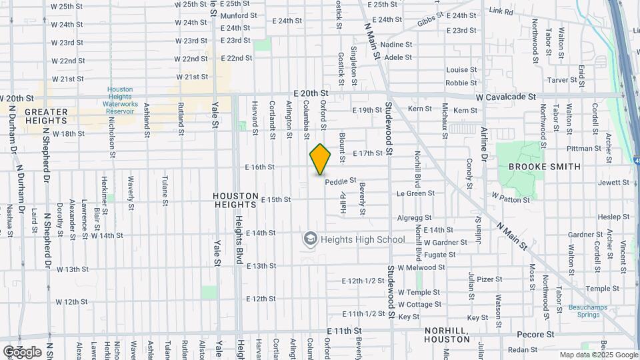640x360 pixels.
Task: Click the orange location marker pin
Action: click(x=321, y=159)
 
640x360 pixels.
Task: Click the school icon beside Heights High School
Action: click(x=310, y=239)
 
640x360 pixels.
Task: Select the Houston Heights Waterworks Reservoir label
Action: click(x=120, y=100)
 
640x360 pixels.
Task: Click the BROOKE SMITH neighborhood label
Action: click(x=544, y=167)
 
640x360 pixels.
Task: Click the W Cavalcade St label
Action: click(x=505, y=97)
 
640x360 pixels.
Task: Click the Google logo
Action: click(x=22, y=351)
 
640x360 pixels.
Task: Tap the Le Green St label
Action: click(x=415, y=193)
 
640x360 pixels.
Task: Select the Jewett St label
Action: click(x=613, y=182)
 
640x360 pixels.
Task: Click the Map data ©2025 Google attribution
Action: click(x=598, y=355)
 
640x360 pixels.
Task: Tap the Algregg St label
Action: click(x=415, y=217)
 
